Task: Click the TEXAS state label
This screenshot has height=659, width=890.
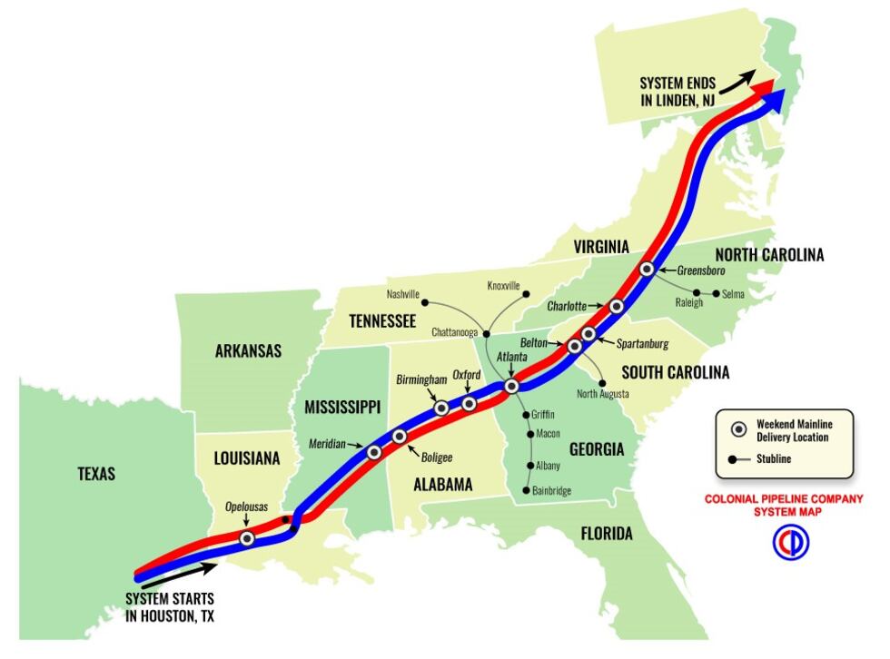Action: click(95, 473)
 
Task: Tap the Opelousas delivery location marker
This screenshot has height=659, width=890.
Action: click(246, 538)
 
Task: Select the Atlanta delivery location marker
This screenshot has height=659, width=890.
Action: click(511, 386)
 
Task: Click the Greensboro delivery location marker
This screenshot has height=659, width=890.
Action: click(647, 269)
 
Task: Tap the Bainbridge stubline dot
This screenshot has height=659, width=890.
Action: click(526, 490)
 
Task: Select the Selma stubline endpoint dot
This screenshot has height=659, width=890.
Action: click(717, 293)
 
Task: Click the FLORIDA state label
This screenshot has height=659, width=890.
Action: click(607, 534)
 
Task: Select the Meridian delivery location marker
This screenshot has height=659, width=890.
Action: click(373, 451)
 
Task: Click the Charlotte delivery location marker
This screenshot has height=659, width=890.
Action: click(617, 306)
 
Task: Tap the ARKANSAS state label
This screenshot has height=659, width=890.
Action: click(248, 351)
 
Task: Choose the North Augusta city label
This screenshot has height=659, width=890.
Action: click(603, 394)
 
